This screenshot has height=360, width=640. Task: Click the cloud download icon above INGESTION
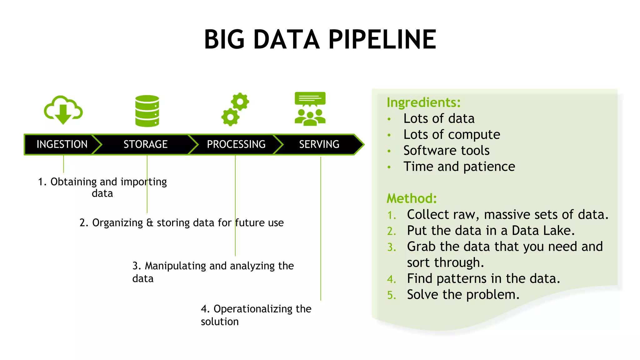click(x=63, y=110)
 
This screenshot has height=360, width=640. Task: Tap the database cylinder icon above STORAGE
click(x=147, y=111)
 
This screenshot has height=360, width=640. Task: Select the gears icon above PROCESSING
click(x=235, y=109)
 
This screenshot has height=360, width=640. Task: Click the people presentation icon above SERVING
click(x=310, y=109)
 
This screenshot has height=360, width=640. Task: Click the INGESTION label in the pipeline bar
click(x=62, y=144)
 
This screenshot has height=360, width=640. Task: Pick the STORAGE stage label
click(x=146, y=144)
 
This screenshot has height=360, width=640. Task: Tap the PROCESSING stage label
click(x=236, y=144)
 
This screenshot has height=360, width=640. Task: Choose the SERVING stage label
click(x=319, y=144)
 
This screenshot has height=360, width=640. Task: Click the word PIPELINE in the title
click(x=382, y=40)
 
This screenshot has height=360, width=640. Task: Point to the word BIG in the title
click(x=224, y=40)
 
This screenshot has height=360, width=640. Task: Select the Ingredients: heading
click(x=423, y=102)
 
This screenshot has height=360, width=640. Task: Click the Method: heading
click(x=412, y=198)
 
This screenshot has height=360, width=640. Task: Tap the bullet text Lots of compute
click(x=452, y=135)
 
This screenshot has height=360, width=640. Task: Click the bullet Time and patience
click(x=459, y=167)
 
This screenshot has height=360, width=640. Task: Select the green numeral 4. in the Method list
click(x=391, y=279)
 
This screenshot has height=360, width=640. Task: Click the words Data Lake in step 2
click(x=543, y=231)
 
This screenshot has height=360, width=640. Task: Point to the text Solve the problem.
click(x=463, y=295)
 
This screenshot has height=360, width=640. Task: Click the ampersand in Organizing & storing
click(x=150, y=223)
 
